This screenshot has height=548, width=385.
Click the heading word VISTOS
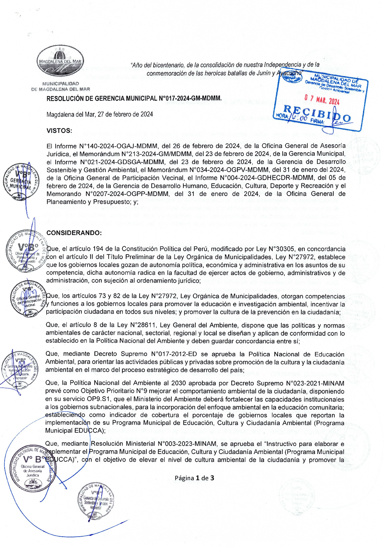[59, 131]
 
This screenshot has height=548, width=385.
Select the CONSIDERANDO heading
[74, 233]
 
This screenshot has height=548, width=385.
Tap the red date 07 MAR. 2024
[322, 100]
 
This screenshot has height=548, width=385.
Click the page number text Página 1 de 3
[194, 478]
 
